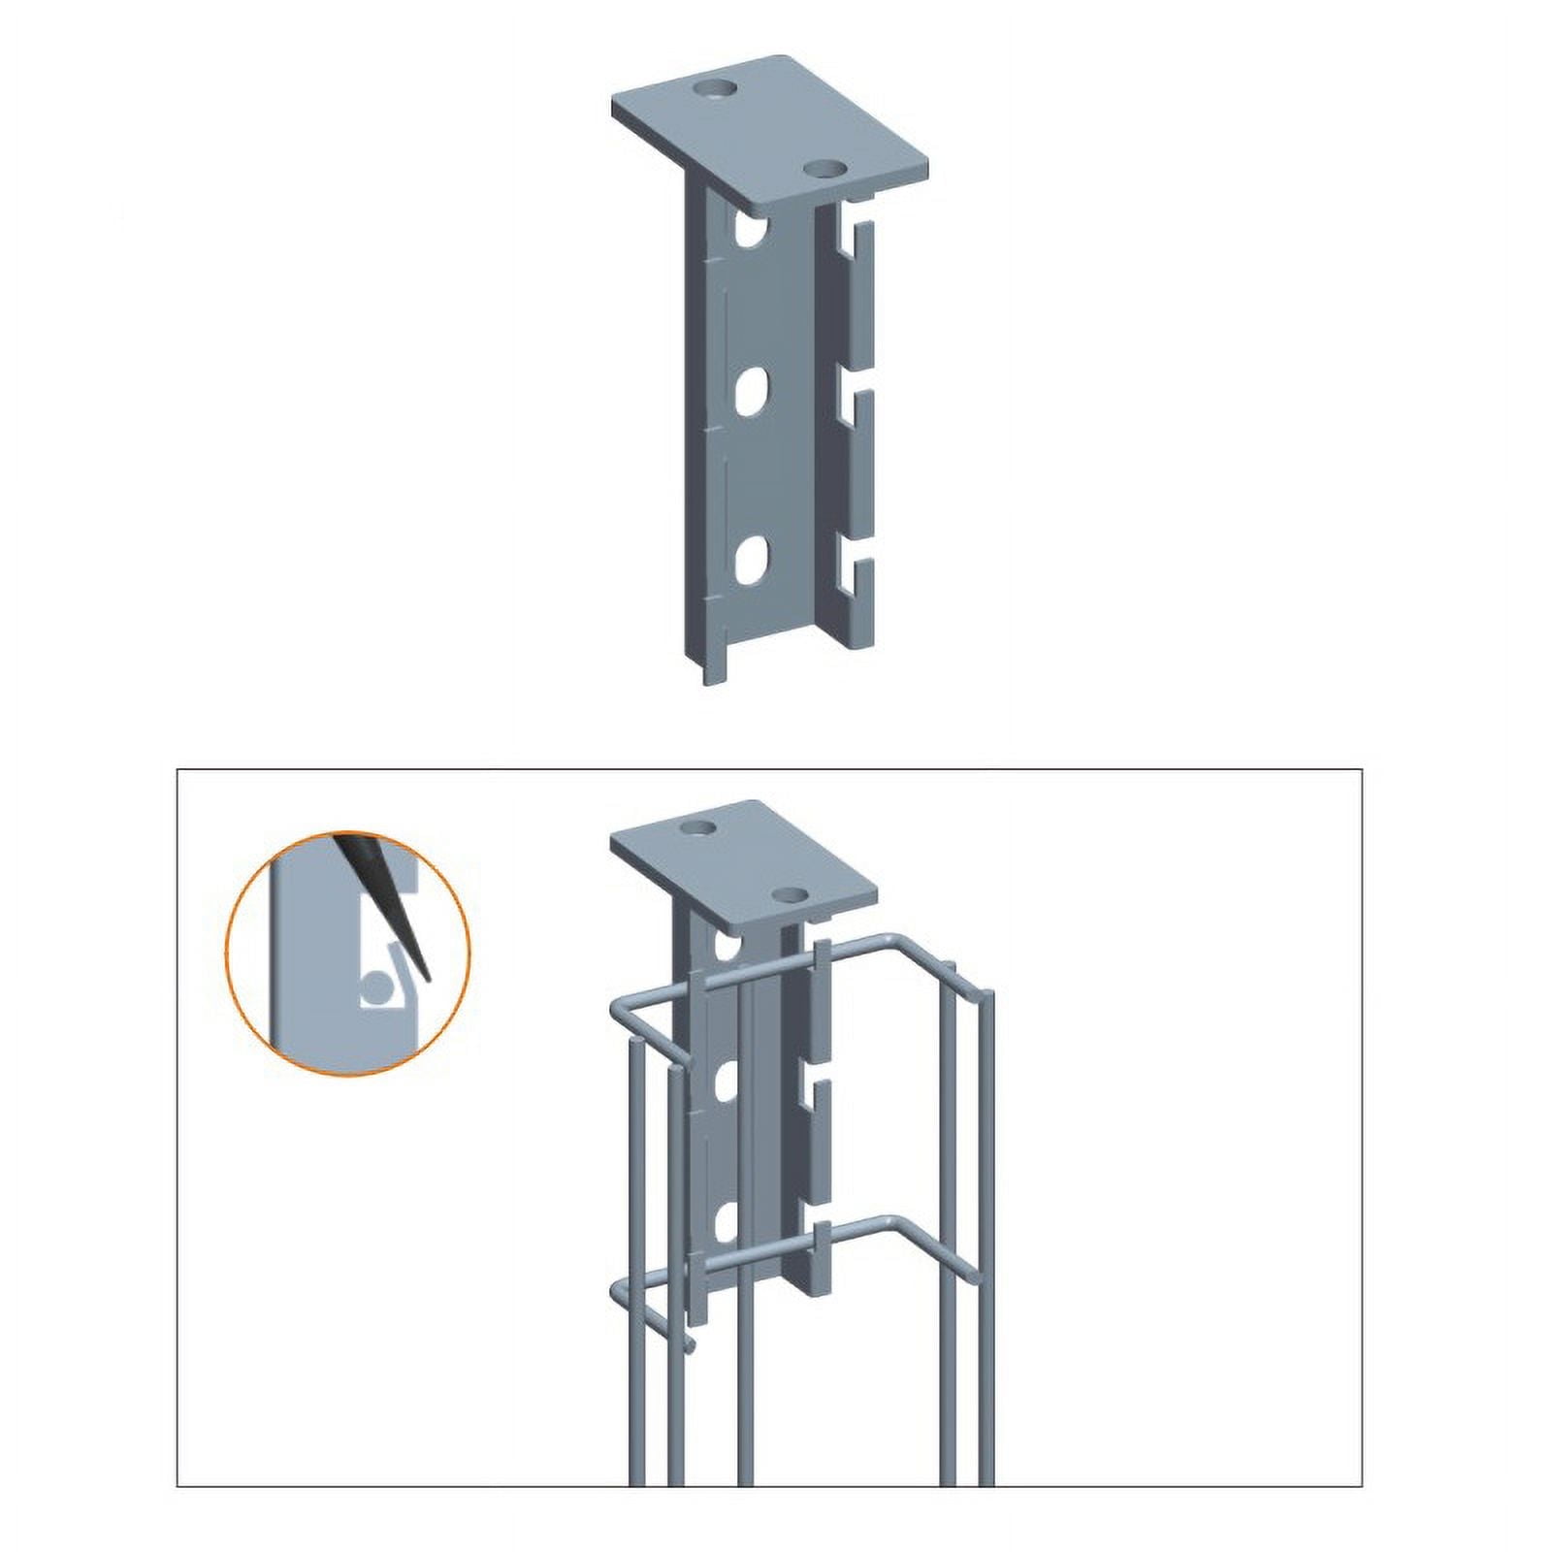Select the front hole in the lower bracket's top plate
[x=792, y=894]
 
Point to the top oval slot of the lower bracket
[x=726, y=941]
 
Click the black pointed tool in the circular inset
[x=383, y=902]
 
